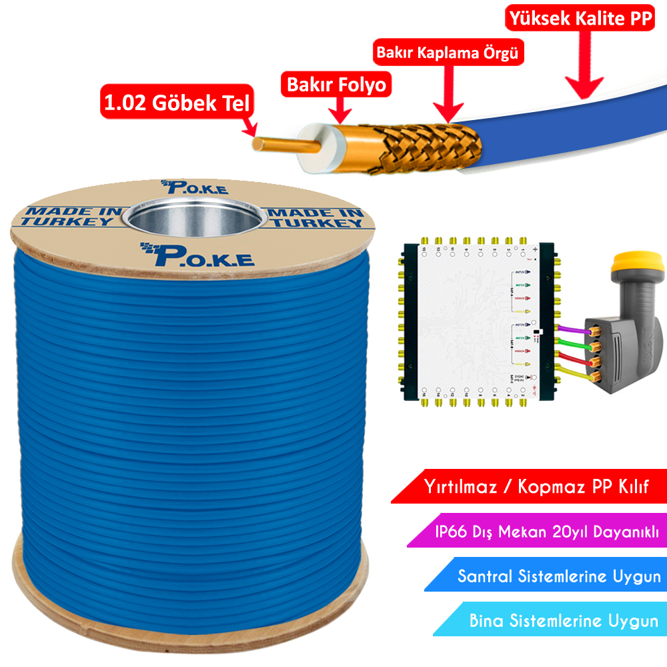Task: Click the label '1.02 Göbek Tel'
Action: click(176, 103)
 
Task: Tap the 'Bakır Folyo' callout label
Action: click(337, 85)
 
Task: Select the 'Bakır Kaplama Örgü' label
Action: click(447, 53)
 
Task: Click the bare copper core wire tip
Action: click(267, 143)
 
